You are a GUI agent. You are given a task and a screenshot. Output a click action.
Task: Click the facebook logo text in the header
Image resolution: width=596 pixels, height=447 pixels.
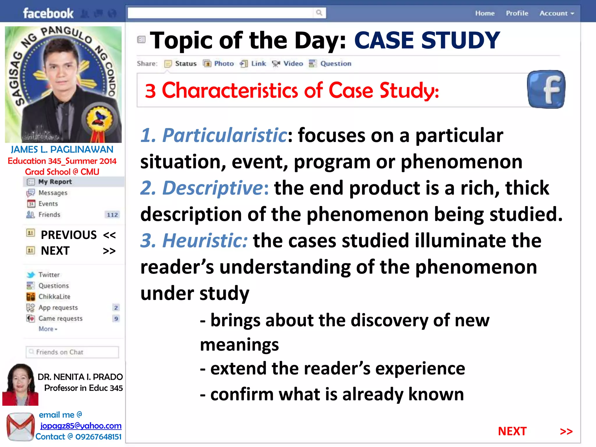[x=48, y=13]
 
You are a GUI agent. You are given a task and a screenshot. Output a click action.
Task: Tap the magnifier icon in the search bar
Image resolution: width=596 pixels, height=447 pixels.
[x=319, y=13]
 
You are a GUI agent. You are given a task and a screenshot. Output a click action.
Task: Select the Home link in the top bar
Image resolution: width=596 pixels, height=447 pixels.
[x=485, y=13]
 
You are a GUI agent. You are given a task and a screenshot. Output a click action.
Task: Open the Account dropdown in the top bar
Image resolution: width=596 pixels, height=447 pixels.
[x=556, y=13]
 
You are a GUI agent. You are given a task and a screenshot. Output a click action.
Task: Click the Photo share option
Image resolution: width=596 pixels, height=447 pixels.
[x=223, y=63]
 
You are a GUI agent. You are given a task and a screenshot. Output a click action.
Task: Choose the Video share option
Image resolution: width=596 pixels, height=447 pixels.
[x=293, y=63]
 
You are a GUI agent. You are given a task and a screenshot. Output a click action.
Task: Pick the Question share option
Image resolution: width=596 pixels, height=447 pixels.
[x=335, y=63]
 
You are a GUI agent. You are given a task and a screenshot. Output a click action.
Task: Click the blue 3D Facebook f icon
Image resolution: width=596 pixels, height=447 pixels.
[x=546, y=89]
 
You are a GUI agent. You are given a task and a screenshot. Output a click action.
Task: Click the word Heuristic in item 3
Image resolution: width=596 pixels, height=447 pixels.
[x=205, y=241]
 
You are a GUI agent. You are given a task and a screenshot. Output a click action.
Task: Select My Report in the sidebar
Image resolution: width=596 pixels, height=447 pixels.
[x=55, y=182]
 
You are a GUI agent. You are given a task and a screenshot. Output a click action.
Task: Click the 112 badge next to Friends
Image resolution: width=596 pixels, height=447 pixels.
[x=112, y=215]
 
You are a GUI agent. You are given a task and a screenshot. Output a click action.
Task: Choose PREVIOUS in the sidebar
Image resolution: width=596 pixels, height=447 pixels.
[x=69, y=235]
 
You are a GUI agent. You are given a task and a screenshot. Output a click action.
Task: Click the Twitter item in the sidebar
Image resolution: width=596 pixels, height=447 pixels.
[x=49, y=275]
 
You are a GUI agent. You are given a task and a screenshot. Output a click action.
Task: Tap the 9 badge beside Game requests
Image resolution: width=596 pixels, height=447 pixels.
[x=116, y=319]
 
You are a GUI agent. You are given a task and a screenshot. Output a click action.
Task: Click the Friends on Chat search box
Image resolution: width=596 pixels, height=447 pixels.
[x=73, y=352]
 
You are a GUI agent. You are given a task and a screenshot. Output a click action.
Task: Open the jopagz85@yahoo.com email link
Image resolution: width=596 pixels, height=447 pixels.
[x=81, y=426]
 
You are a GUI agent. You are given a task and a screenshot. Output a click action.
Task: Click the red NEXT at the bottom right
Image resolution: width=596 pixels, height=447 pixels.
[x=512, y=431]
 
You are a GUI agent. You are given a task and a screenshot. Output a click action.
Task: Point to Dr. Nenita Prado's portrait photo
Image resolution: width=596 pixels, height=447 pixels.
[x=20, y=384]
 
